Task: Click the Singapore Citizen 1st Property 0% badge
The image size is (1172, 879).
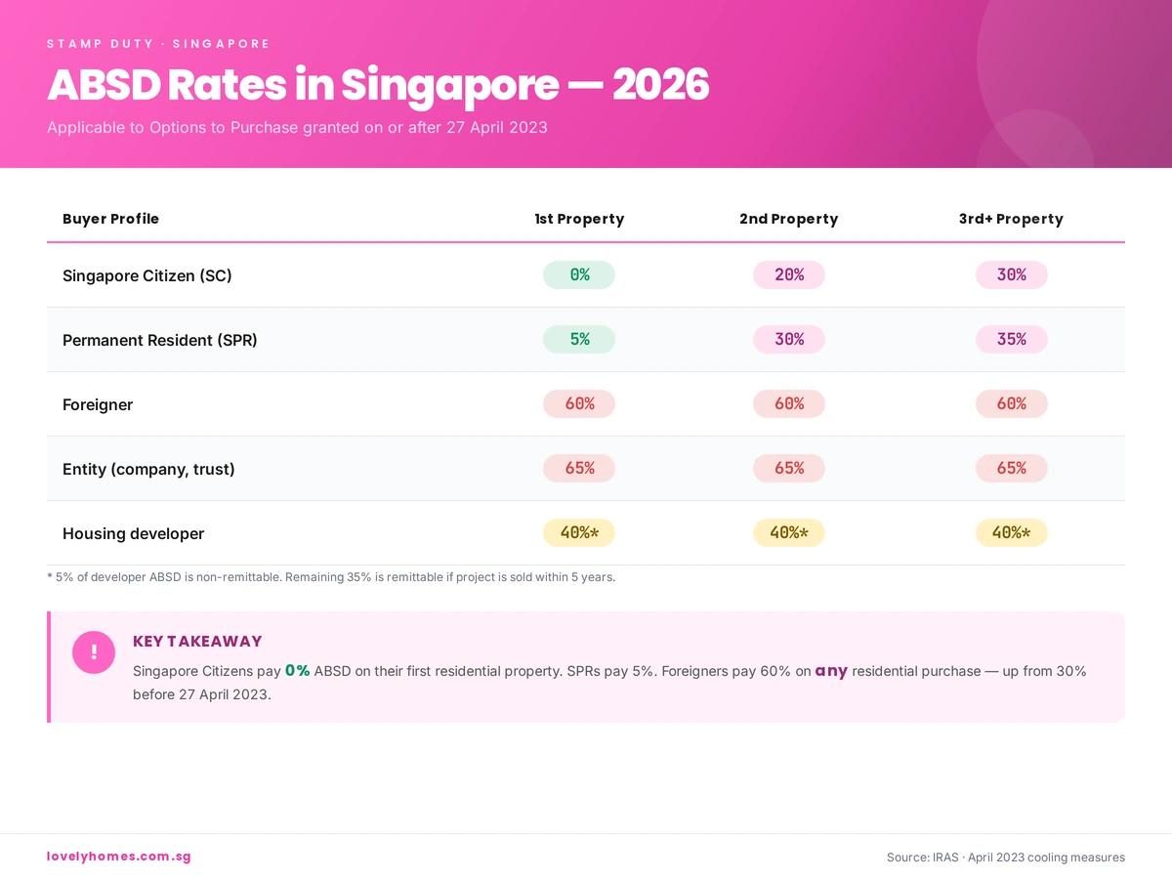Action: point(579,275)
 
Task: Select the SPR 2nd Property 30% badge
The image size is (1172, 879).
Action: point(789,340)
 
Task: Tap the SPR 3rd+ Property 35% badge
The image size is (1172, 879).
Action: point(1011,340)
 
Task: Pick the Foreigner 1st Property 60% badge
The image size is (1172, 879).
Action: point(579,404)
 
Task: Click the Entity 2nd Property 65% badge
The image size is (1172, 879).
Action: point(789,469)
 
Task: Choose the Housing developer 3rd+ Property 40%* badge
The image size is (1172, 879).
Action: point(1011,533)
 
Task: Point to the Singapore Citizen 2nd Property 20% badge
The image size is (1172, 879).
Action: point(789,275)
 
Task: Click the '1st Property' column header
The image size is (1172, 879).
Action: point(579,219)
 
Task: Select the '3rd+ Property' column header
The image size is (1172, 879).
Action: point(1011,219)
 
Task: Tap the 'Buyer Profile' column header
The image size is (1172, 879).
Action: point(110,219)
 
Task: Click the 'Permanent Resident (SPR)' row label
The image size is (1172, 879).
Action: point(160,340)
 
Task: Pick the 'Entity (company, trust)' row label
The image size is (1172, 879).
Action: point(148,469)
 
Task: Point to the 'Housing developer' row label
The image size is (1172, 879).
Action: point(134,533)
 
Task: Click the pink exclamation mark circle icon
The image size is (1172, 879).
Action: point(94,652)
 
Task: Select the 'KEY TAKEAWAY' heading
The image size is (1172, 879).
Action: point(197,642)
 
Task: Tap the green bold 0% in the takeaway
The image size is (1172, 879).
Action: point(297,671)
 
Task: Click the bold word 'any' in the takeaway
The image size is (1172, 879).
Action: point(831,671)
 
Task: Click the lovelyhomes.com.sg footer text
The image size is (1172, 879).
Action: point(119,857)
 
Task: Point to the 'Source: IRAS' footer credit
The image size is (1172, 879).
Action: point(1005,858)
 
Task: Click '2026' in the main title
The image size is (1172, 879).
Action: point(660,86)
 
